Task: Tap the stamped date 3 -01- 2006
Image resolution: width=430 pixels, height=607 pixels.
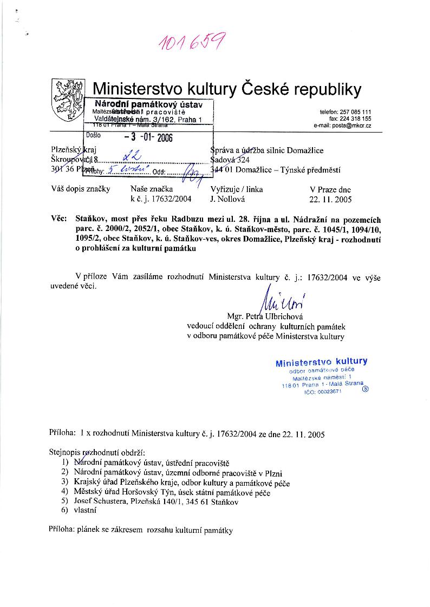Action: [x=148, y=137]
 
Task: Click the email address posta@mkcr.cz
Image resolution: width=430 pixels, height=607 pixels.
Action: [x=342, y=126]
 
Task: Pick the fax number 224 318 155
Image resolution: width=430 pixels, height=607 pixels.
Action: [x=356, y=118]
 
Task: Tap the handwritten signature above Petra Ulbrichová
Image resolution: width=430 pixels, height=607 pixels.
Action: [x=284, y=302]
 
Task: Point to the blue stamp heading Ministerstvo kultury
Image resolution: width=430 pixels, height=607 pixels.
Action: [x=321, y=362]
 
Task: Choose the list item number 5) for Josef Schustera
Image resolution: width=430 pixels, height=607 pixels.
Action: [x=64, y=501]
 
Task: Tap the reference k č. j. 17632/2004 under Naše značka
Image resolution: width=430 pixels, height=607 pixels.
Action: [x=161, y=199]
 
